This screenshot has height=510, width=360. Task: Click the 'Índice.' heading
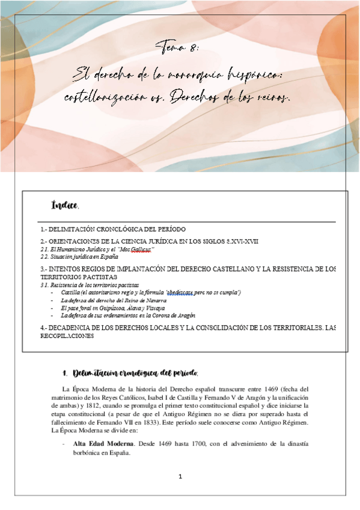click(x=66, y=206)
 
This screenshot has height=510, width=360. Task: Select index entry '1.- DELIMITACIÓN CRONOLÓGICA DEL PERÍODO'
click(x=113, y=229)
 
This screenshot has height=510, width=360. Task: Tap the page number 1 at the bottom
click(x=180, y=476)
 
